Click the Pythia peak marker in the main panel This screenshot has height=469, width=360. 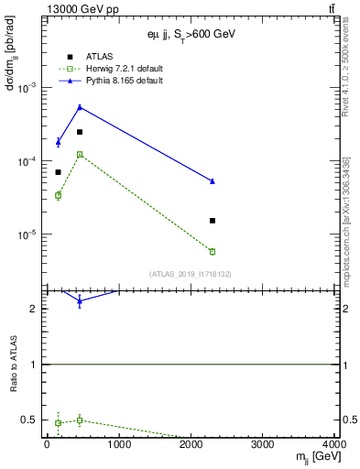[x=80, y=107]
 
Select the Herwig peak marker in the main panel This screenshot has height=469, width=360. [x=80, y=155]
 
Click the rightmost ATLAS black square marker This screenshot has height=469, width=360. [x=213, y=221]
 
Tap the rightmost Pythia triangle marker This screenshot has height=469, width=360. [x=213, y=181]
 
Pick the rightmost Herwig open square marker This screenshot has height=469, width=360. [x=213, y=251]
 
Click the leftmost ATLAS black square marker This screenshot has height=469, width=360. [x=58, y=172]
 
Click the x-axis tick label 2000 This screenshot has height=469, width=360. [x=191, y=446]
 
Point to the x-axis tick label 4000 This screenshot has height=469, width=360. [x=334, y=446]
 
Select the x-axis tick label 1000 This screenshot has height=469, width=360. [x=119, y=446]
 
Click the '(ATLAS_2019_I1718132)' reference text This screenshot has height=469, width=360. [x=191, y=273]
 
